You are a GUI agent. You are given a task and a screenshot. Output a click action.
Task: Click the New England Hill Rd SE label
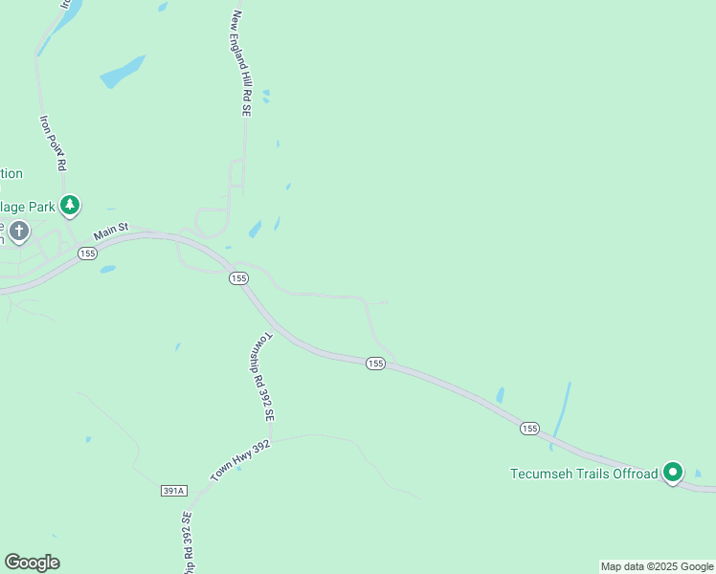pyautogui.click(x=240, y=64)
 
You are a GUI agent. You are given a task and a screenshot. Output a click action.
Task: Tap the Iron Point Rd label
pyautogui.click(x=53, y=143)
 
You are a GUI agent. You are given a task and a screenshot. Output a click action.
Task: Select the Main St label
pyautogui.click(x=112, y=233)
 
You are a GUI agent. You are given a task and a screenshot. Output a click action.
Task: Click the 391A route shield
pyautogui.click(x=173, y=491)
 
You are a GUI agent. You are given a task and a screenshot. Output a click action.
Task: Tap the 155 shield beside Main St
pyautogui.click(x=88, y=254)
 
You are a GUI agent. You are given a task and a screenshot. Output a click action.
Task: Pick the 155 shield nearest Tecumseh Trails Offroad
pyautogui.click(x=529, y=429)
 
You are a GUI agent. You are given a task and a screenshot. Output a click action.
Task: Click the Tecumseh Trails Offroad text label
pyautogui.click(x=584, y=474)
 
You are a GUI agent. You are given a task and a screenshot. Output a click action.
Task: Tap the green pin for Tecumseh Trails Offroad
pyautogui.click(x=673, y=472)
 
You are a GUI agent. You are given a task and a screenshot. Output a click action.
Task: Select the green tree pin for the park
pyautogui.click(x=69, y=204)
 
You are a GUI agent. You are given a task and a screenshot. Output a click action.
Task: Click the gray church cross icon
pyautogui.click(x=18, y=231)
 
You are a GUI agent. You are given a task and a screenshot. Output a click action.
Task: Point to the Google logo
pyautogui.click(x=32, y=563)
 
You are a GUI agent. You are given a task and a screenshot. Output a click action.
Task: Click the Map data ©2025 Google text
pyautogui.click(x=657, y=566)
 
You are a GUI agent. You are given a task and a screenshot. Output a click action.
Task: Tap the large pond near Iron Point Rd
pyautogui.click(x=123, y=72)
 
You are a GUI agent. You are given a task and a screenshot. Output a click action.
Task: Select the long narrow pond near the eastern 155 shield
pyautogui.click(x=561, y=414)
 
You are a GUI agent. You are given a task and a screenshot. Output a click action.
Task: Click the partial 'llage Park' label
pyautogui.click(x=27, y=206)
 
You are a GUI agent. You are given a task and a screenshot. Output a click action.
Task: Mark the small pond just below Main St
pyautogui.click(x=107, y=269)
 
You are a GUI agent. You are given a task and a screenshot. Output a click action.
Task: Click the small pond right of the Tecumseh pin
pyautogui.click(x=698, y=473)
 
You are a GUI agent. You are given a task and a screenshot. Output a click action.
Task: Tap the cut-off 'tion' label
pyautogui.click(x=11, y=173)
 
